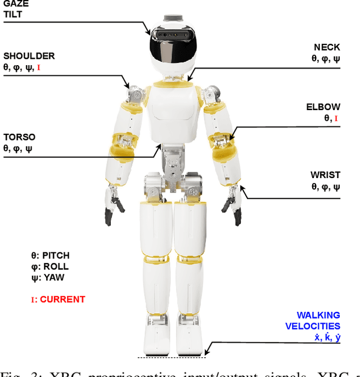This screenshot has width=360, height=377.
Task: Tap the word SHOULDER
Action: pos(29,56)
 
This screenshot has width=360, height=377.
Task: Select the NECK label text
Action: pos(327,48)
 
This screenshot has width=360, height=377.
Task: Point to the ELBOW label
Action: pos(323,107)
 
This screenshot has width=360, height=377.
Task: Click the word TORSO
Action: pos(19,137)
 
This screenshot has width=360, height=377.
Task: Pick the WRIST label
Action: pos(325,175)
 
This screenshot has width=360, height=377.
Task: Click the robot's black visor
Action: pos(172,48)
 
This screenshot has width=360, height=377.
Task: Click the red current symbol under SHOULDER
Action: pos(38,68)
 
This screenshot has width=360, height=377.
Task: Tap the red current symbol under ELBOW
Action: pos(336,119)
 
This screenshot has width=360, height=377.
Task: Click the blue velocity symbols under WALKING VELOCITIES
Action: pos(327,338)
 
